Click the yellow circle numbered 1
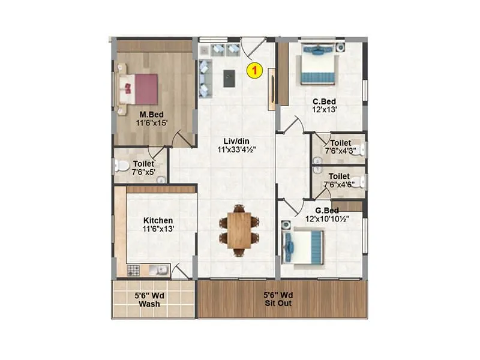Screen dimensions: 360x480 [255, 70]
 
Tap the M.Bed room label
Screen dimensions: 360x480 [152, 115]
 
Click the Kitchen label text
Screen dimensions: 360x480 [158, 221]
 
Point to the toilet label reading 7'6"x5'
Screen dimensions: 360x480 [143, 171]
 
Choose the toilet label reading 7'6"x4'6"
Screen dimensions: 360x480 [337, 184]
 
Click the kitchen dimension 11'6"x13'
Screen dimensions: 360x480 [158, 229]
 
